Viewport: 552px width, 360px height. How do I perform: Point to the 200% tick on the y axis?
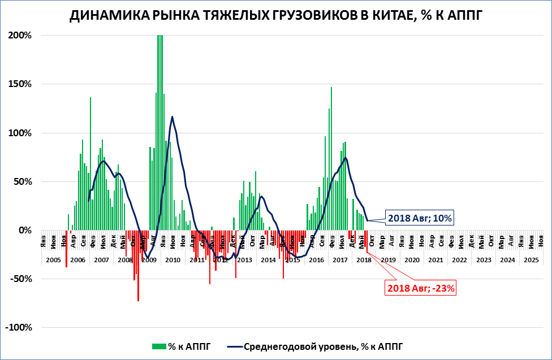tap(20, 35)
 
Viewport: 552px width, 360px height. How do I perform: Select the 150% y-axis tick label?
tap(20, 84)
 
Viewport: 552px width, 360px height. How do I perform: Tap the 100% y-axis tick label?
tap(20, 133)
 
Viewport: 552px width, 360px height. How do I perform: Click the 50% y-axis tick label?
tap(23, 182)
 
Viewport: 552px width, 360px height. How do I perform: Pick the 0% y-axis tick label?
tap(25, 231)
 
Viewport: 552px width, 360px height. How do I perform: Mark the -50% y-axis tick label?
tap(21, 279)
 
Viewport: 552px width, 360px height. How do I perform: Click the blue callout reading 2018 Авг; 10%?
tap(420, 218)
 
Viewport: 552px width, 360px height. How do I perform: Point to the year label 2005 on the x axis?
tap(53, 260)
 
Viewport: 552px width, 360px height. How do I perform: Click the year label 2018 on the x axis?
tap(364, 260)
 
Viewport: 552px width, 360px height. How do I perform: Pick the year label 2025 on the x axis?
tap(531, 260)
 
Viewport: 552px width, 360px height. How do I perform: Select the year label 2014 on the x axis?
tap(268, 260)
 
